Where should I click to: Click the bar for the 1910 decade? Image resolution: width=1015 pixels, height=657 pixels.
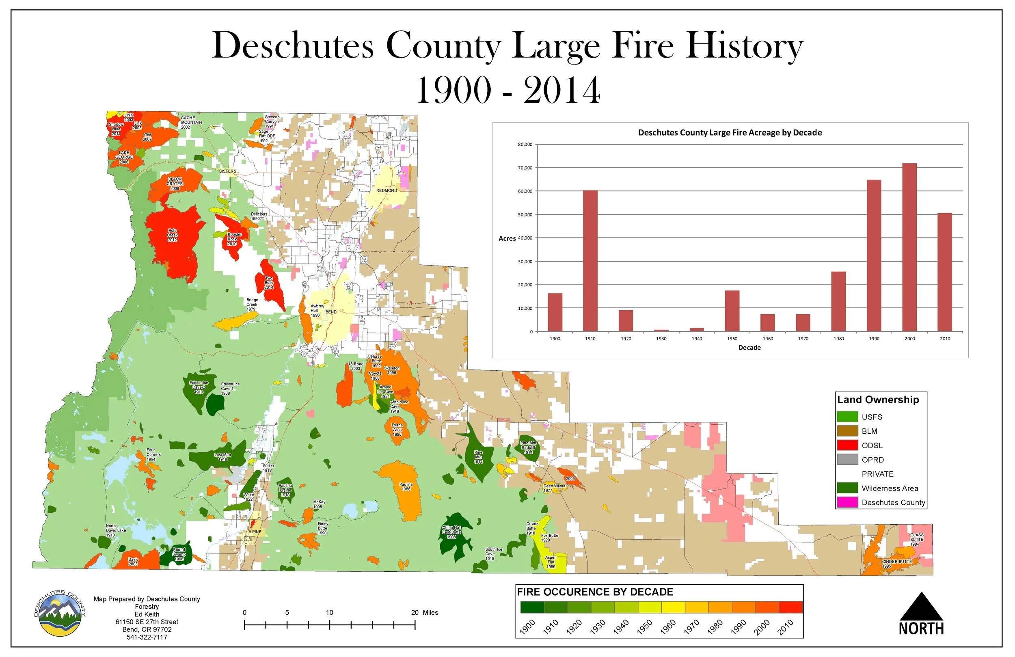[590, 261]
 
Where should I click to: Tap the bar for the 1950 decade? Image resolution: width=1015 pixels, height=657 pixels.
[732, 311]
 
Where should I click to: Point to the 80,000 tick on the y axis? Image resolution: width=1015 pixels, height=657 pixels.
[525, 145]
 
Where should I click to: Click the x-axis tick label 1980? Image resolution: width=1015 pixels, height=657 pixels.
[838, 339]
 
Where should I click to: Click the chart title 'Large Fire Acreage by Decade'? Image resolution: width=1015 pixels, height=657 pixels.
[730, 133]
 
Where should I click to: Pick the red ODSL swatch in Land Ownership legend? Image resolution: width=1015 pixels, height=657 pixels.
[847, 445]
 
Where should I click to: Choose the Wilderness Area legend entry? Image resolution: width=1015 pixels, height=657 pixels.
[889, 488]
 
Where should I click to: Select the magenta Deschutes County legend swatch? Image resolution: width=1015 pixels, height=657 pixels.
[847, 503]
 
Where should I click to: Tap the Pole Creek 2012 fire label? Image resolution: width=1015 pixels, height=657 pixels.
[172, 236]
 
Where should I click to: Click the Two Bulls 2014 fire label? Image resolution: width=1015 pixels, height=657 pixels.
[269, 283]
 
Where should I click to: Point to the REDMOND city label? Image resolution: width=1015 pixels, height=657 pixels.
[387, 191]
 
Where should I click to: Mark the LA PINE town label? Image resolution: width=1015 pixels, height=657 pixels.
[254, 532]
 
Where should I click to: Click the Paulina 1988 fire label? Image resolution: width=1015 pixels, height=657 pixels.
[406, 487]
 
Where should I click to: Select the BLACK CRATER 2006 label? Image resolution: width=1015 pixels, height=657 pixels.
[175, 184]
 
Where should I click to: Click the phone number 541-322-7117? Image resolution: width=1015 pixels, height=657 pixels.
[147, 638]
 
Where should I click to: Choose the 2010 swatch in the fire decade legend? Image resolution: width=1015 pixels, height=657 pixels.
[790, 607]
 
